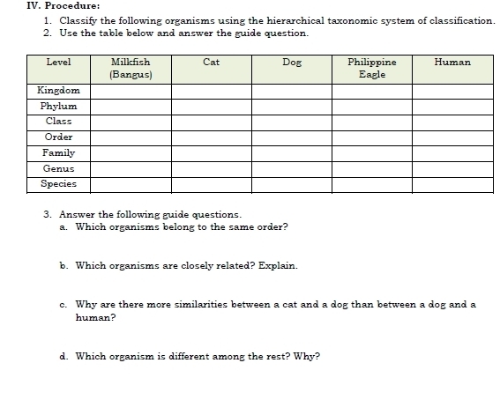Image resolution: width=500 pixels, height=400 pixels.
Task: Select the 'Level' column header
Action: (x=58, y=63)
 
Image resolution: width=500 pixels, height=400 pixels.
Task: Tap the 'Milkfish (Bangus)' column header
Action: (x=131, y=69)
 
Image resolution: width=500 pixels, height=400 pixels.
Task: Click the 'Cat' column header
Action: (x=211, y=63)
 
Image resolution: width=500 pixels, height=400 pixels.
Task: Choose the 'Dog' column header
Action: (x=291, y=63)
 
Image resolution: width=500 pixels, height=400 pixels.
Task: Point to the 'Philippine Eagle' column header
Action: (x=372, y=69)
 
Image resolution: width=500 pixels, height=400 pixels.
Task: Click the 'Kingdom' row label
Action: (x=58, y=90)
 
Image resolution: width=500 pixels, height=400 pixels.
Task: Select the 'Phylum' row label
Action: (x=58, y=106)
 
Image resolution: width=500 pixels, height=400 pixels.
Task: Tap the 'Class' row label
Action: (x=58, y=122)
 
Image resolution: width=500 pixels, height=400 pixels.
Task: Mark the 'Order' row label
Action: (x=58, y=137)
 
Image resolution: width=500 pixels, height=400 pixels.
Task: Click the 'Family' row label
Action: (x=58, y=153)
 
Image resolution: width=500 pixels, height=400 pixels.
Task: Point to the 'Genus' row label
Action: (x=58, y=168)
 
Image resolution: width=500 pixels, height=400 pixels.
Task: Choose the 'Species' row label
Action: (x=58, y=184)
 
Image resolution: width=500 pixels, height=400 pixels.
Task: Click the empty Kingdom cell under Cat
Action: (x=211, y=90)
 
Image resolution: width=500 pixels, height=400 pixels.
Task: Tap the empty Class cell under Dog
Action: (x=291, y=122)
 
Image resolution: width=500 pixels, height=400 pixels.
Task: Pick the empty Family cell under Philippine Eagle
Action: (x=372, y=153)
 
